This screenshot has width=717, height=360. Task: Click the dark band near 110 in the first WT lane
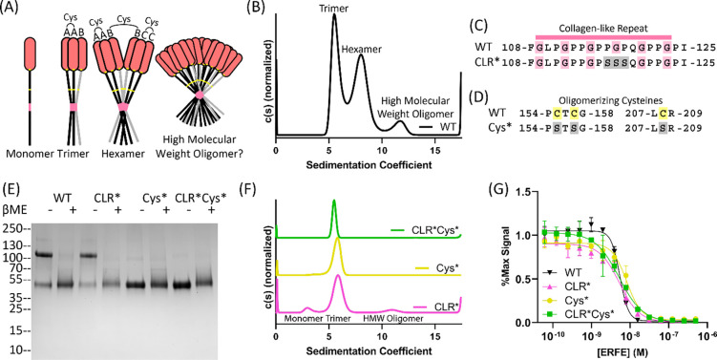tap(43, 228)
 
